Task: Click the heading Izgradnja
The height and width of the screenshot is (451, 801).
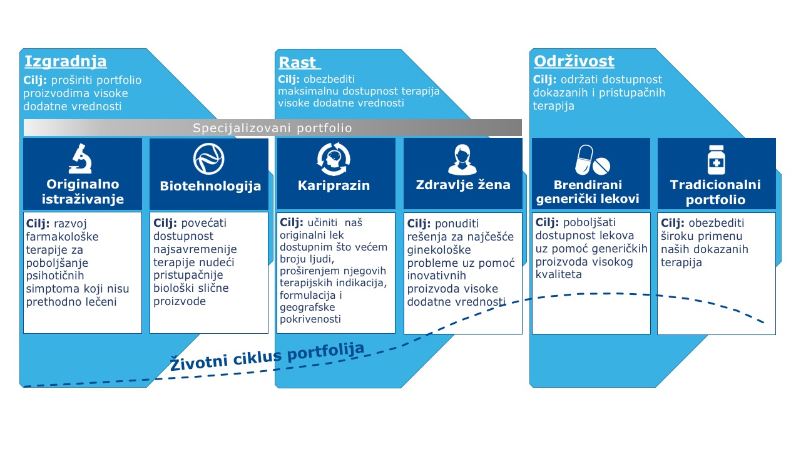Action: tap(65, 61)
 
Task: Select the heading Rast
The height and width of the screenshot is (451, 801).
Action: tap(298, 62)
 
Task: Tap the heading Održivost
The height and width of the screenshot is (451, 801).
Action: tap(574, 61)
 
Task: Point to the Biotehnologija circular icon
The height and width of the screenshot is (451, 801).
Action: tap(209, 158)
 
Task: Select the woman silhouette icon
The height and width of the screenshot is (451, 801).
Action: tap(462, 159)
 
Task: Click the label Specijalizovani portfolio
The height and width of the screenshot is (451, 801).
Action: tap(272, 128)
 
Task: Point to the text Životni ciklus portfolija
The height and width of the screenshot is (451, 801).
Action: tap(267, 357)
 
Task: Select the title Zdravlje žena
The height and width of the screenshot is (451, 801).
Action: tap(463, 185)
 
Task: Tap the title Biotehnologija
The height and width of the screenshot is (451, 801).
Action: tap(210, 186)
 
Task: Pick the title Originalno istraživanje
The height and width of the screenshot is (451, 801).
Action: tap(83, 192)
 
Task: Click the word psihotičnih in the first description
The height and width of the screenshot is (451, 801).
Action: tap(55, 276)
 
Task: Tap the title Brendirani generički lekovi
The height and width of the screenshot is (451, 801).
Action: tap(588, 192)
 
